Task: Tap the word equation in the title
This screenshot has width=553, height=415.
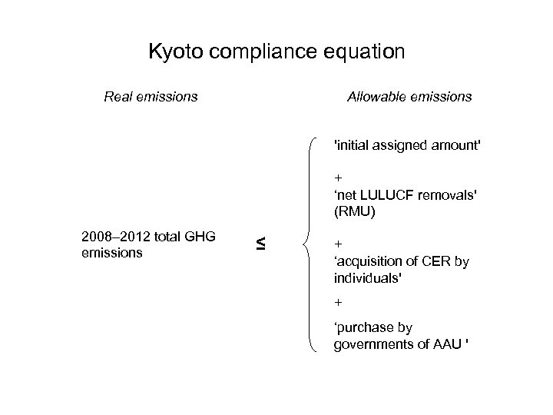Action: pyautogui.click(x=365, y=53)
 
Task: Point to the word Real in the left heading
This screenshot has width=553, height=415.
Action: pyautogui.click(x=118, y=97)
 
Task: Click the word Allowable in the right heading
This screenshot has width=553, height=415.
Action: pyautogui.click(x=377, y=97)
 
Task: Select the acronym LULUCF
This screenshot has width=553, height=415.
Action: pyautogui.click(x=390, y=195)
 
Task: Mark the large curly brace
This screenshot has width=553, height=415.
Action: pyautogui.click(x=310, y=244)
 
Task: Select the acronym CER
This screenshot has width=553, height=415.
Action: pyautogui.click(x=432, y=262)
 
